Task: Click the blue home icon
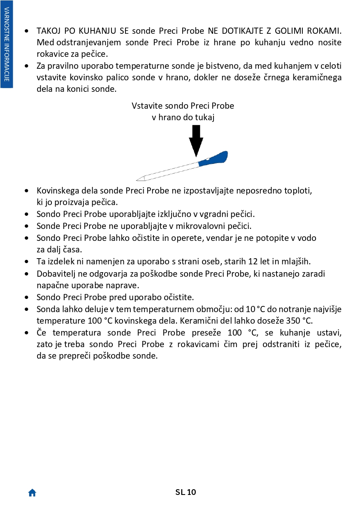click(32, 492)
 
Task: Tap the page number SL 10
click(186, 492)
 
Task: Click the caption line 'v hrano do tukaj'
click(183, 117)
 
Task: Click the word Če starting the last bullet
click(42, 332)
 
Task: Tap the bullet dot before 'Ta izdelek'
click(27, 261)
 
